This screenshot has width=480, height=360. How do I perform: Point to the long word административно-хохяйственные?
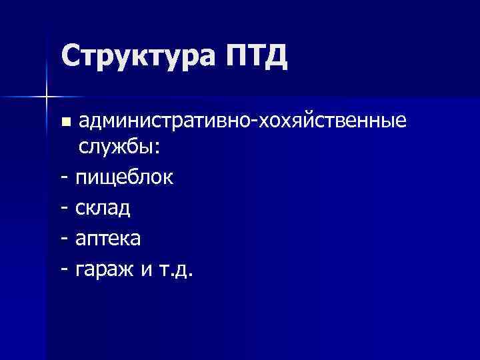(x=242, y=121)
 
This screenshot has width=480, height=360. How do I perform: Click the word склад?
(x=103, y=209)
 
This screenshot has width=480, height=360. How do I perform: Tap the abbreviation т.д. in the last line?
(x=176, y=270)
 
